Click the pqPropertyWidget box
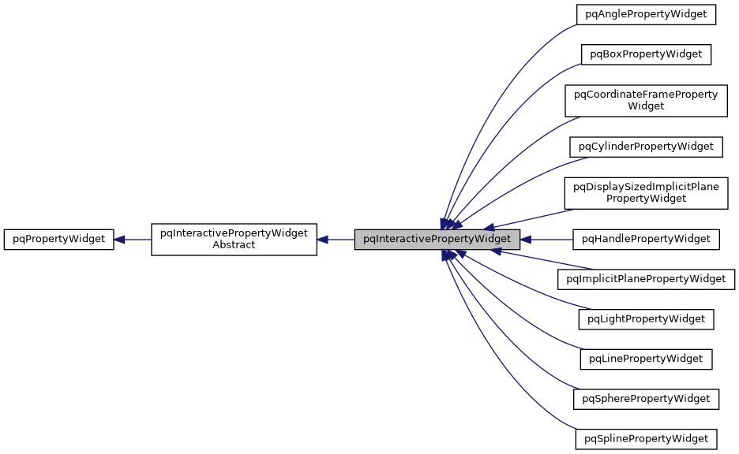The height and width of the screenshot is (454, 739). (59, 239)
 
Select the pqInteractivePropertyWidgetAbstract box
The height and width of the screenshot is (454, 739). (234, 239)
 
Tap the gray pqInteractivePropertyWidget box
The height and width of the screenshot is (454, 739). (437, 239)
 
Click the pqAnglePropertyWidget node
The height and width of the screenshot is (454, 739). (646, 14)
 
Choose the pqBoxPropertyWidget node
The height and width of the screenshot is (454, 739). (646, 54)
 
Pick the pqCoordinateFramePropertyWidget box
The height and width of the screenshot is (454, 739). (646, 100)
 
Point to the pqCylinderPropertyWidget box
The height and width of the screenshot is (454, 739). (646, 147)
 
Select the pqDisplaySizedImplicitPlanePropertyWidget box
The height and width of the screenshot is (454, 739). (646, 192)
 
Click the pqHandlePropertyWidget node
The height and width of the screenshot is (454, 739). (646, 238)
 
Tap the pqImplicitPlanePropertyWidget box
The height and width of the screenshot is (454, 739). (646, 278)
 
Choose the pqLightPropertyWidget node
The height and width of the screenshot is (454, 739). (646, 318)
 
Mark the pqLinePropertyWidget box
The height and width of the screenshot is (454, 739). (646, 359)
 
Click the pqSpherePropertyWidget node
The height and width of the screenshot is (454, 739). (646, 399)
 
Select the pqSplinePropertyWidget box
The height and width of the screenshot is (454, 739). (646, 438)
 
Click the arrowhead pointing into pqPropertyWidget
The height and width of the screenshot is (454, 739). (120, 239)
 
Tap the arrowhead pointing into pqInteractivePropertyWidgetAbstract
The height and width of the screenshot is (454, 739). (323, 239)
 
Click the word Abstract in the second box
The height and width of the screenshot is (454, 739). (234, 245)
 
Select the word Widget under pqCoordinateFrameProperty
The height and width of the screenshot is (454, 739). (646, 106)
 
